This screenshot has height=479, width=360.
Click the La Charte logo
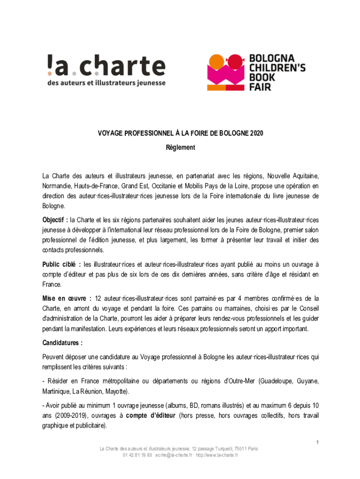(x=106, y=70)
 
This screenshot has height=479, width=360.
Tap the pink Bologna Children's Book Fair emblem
(x=226, y=73)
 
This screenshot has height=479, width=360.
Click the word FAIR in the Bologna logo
(x=260, y=87)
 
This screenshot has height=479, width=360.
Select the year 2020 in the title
(x=256, y=133)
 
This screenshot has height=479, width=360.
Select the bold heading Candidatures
(x=62, y=343)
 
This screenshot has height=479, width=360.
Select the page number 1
(x=317, y=443)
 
